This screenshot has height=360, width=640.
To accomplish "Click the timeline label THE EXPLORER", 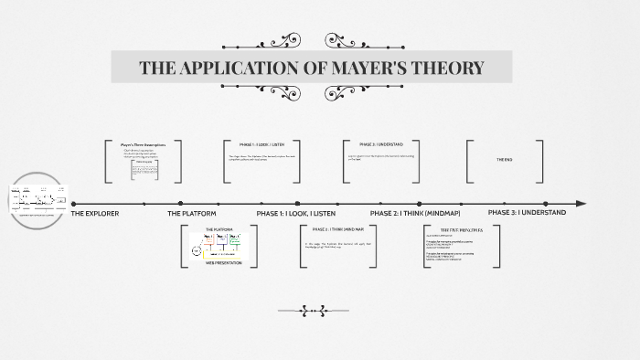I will (95, 213).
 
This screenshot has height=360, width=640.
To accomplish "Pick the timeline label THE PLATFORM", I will (192, 213).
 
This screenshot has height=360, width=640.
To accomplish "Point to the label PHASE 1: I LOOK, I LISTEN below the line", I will (296, 213).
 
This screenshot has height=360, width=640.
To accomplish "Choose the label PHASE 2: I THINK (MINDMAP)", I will (417, 213).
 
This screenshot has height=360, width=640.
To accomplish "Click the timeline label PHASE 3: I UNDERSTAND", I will (527, 213).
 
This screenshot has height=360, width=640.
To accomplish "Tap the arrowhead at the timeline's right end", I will (581, 203).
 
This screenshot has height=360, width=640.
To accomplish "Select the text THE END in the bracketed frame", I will (504, 160).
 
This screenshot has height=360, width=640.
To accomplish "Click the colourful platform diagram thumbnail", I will (219, 246).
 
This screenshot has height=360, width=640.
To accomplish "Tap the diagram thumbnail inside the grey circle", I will (37, 199).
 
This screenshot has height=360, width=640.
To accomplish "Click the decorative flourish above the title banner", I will (313, 40).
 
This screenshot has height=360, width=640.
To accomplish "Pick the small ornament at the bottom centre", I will (313, 311).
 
